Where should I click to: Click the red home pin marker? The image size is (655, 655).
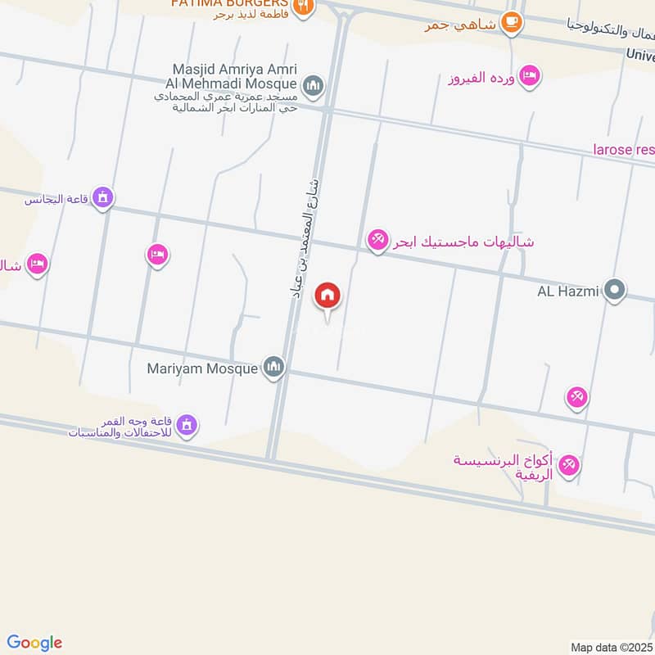click(x=328, y=295)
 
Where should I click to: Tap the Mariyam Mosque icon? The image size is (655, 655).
click(x=273, y=368)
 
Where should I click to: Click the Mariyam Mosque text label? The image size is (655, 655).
click(x=202, y=368)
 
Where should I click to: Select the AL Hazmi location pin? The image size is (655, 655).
click(x=614, y=290)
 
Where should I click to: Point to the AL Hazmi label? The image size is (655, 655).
click(x=568, y=291)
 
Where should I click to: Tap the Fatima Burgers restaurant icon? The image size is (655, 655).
click(x=303, y=5)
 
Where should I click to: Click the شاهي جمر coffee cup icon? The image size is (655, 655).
click(x=512, y=23)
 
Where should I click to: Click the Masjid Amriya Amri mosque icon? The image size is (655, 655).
click(x=313, y=85)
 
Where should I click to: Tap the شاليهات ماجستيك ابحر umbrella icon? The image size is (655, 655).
click(x=377, y=241)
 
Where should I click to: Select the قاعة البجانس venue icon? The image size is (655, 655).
click(x=102, y=197)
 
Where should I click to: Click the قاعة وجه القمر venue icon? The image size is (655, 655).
click(x=187, y=424)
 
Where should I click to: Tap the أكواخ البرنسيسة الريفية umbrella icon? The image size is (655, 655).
click(x=568, y=465)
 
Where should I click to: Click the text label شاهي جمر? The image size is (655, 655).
click(x=461, y=25)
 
